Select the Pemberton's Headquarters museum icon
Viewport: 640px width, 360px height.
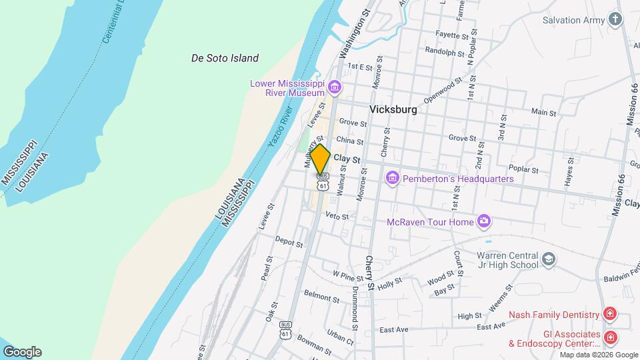tap(391, 179)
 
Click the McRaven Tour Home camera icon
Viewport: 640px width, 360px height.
tap(484, 221)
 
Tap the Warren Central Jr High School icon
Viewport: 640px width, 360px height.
tap(549, 259)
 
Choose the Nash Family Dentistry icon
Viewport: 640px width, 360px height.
tap(609, 314)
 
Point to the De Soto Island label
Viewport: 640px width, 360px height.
tap(225, 58)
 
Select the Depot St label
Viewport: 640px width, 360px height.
tap(289, 242)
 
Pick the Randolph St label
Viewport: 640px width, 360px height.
tap(444, 51)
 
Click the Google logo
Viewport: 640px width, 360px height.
tap(22, 351)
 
